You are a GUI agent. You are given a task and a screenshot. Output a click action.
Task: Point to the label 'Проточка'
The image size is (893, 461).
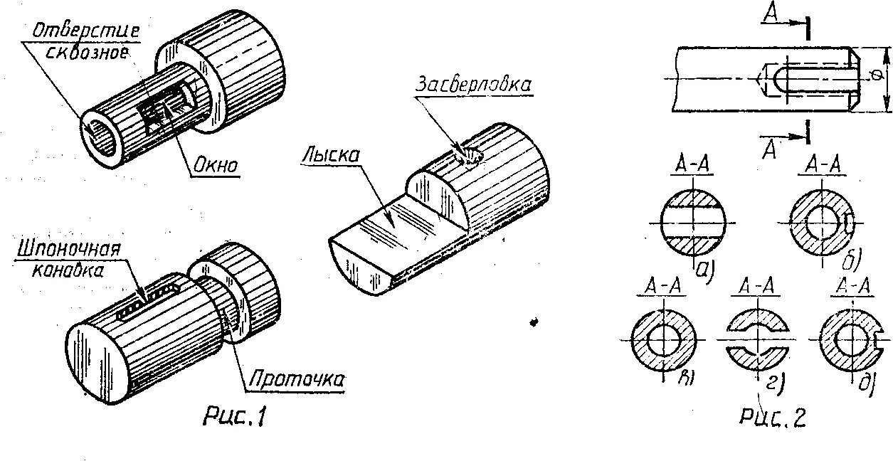click(295, 381)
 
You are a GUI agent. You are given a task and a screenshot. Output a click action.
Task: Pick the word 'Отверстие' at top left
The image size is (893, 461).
click(86, 32)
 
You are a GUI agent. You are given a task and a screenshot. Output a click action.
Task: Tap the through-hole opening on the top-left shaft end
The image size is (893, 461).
click(99, 131)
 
